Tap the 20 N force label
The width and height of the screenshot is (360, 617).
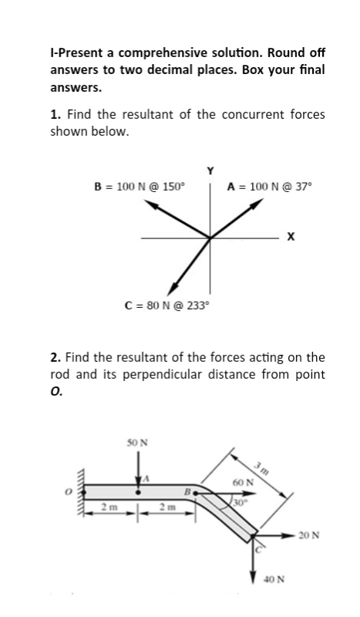coord(324,534)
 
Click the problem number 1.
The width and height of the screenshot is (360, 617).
coord(54,114)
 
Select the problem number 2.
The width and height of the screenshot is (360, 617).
coord(54,357)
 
